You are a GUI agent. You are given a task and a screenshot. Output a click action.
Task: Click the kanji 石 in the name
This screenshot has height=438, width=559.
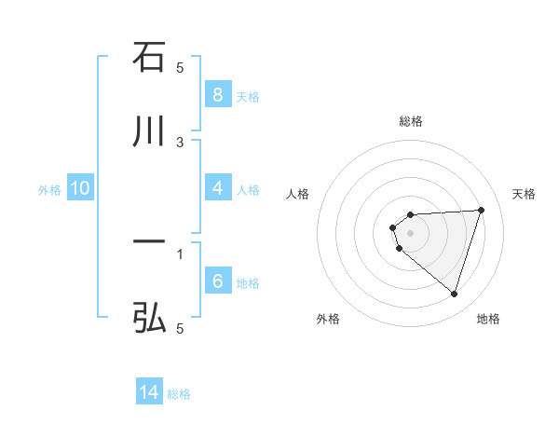coord(149,58)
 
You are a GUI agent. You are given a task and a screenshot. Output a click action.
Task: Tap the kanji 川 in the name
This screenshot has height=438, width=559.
coord(149,132)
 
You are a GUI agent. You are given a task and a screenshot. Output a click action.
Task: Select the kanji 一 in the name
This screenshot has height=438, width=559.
coord(149,243)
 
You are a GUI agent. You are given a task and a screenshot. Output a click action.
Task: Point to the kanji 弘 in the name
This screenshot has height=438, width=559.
coord(149,319)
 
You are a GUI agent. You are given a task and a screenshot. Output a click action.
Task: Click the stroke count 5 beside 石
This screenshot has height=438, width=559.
coord(180,67)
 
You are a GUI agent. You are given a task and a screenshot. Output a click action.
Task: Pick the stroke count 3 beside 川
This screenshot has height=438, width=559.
coord(180,142)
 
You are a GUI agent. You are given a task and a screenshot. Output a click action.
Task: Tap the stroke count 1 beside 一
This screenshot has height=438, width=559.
coord(180,253)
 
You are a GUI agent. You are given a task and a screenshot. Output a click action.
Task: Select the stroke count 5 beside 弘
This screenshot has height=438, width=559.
coord(180,328)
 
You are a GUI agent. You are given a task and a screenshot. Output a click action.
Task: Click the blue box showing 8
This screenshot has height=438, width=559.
coord(217,94)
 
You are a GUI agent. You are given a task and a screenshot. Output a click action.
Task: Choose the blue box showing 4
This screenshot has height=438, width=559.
coord(217,188)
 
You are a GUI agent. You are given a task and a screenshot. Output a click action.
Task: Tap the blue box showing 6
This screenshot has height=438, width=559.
coord(217,281)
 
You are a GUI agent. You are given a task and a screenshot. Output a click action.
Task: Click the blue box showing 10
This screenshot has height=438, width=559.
coord(80,188)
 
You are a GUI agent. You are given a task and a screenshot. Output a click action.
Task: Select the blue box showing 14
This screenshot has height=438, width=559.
coord(149,392)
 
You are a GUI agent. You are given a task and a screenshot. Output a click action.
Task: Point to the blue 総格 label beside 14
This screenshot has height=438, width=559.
coord(179,394)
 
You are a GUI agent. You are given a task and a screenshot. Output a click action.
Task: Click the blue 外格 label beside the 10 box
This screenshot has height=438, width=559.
coord(49,190)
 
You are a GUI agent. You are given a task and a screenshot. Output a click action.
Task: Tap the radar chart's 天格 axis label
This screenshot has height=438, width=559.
coord(524,194)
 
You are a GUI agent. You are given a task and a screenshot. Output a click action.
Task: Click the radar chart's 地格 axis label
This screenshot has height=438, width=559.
coord(488,319)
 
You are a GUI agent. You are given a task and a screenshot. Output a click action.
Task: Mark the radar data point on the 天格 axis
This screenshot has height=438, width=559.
coord(481,210)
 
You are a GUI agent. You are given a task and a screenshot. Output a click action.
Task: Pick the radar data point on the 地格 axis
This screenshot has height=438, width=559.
coord(454,294)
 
